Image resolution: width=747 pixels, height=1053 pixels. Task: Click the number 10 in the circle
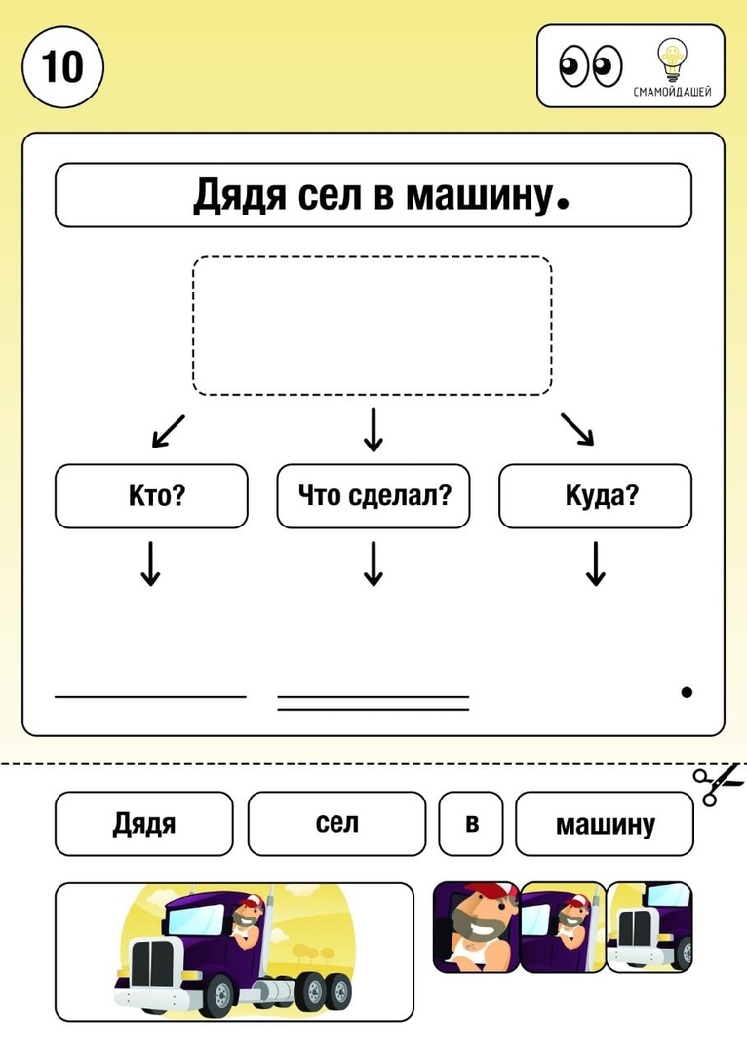62,67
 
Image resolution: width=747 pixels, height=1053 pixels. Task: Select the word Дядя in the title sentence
240,195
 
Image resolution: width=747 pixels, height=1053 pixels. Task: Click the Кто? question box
151,495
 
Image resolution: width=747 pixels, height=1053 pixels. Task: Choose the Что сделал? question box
373,495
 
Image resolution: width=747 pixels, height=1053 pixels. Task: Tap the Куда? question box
595,495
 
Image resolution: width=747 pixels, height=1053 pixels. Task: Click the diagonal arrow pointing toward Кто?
168,431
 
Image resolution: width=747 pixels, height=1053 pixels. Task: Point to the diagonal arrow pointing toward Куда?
577,429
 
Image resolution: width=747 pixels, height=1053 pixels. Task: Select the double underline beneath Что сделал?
373,703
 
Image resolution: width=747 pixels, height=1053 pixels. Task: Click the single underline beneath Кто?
150,696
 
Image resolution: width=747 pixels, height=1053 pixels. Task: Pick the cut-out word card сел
336,823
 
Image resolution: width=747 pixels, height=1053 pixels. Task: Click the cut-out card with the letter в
471,823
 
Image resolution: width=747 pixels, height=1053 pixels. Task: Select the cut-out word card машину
604,823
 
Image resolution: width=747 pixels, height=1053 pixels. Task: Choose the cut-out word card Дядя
143,823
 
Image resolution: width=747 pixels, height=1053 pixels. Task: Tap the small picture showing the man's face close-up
476,927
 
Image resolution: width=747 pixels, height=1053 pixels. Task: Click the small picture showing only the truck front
649,927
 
